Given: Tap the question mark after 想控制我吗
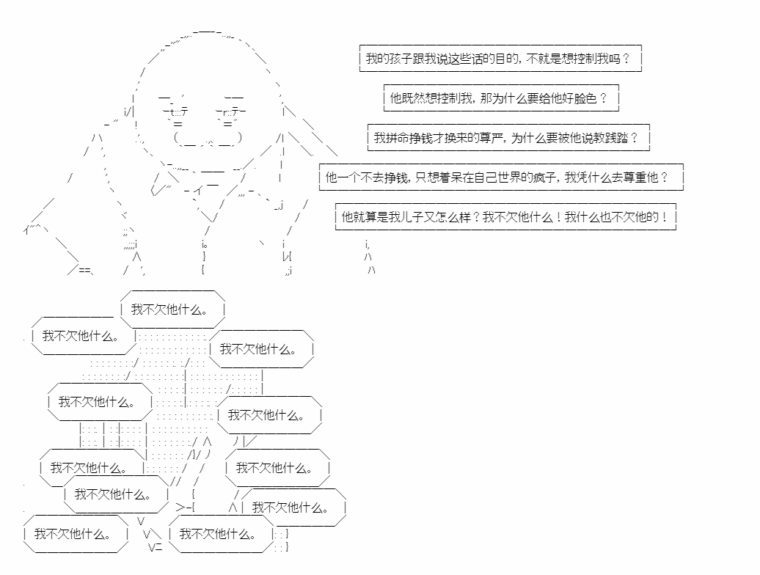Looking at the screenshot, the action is (x=626, y=59).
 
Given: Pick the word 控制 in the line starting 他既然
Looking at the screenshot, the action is (x=448, y=98).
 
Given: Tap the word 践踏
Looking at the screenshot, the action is (x=616, y=138).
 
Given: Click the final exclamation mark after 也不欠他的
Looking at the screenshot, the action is (x=664, y=217).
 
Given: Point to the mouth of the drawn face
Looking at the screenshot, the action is (x=207, y=139).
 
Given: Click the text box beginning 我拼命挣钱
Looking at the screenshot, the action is (x=508, y=138).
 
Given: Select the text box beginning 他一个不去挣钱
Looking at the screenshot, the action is (x=501, y=177).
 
